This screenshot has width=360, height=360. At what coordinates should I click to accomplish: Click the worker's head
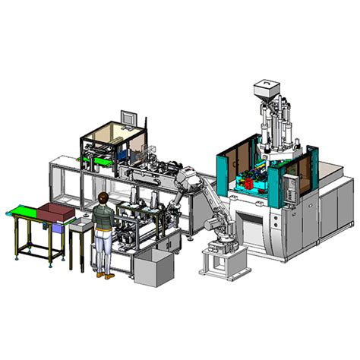coord(103,198)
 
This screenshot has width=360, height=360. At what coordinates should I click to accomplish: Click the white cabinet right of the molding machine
coord(333,216)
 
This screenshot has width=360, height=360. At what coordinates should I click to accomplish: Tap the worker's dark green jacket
coord(103,218)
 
